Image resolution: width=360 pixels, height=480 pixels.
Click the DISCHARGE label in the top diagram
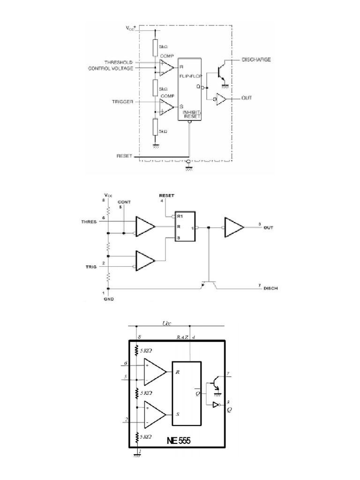point(256,60)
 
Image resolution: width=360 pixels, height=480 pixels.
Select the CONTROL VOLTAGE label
point(111,68)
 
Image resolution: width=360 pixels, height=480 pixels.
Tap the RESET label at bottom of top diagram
point(126,156)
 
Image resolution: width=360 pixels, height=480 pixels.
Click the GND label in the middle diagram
point(109,298)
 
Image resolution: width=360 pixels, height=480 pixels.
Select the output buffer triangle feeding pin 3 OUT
point(233,227)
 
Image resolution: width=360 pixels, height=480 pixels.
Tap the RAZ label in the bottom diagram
point(182,337)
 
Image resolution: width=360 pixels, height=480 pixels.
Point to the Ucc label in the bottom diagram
point(167,323)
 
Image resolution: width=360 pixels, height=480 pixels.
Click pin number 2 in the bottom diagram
point(127,419)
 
